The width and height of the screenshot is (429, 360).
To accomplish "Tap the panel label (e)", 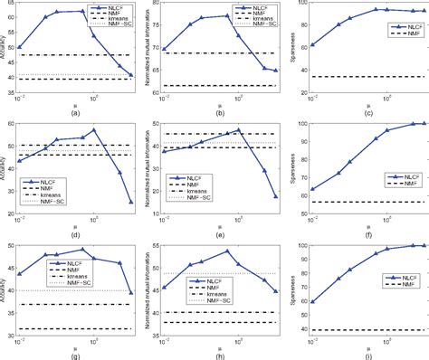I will click(x=219, y=233).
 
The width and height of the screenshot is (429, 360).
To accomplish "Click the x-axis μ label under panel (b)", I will click(x=219, y=102).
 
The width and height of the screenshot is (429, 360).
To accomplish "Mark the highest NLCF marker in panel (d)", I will click(x=94, y=129).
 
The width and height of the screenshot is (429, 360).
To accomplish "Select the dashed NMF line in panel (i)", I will click(x=362, y=330).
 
